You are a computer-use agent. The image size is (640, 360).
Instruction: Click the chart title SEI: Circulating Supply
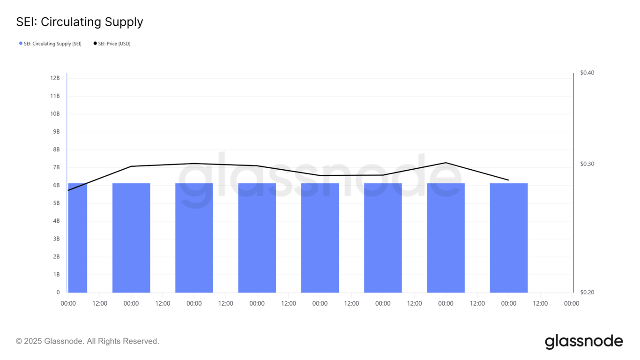point(80,22)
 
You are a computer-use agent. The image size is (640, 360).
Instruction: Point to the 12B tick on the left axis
point(55,78)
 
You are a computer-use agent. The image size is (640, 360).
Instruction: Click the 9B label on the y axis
point(56,132)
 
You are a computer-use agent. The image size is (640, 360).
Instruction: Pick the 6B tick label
point(56,185)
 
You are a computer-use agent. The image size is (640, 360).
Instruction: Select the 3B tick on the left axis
point(56,239)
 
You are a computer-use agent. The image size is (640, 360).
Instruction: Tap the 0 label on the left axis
point(58,292)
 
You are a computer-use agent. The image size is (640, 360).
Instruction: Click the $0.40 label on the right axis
point(587,73)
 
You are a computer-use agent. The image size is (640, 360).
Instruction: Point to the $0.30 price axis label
point(587,164)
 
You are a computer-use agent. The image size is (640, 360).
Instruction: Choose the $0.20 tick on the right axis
point(587,292)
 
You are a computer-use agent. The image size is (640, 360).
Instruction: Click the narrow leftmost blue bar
point(78,238)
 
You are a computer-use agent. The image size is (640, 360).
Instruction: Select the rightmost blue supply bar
point(509,238)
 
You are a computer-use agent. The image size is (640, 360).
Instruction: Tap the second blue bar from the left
point(131,238)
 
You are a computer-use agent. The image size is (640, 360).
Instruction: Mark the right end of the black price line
point(509,180)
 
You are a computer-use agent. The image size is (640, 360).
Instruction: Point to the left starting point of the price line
point(68,190)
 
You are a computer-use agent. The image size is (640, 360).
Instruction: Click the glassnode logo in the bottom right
point(584,341)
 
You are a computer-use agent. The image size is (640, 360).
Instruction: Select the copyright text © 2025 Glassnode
point(88,341)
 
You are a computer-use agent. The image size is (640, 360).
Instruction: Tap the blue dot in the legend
point(21,44)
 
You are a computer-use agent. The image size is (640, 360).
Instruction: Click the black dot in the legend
point(95,44)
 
